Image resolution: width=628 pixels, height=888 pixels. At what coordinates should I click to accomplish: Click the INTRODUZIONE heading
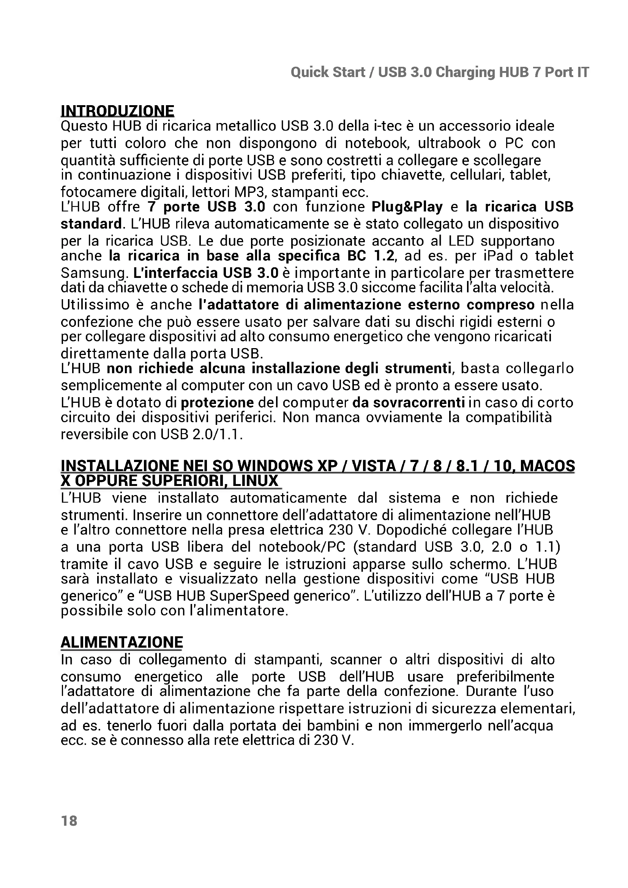(118, 111)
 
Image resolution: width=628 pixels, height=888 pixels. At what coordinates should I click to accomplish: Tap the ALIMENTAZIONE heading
(122, 642)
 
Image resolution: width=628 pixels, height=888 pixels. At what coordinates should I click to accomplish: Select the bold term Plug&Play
(407, 207)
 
